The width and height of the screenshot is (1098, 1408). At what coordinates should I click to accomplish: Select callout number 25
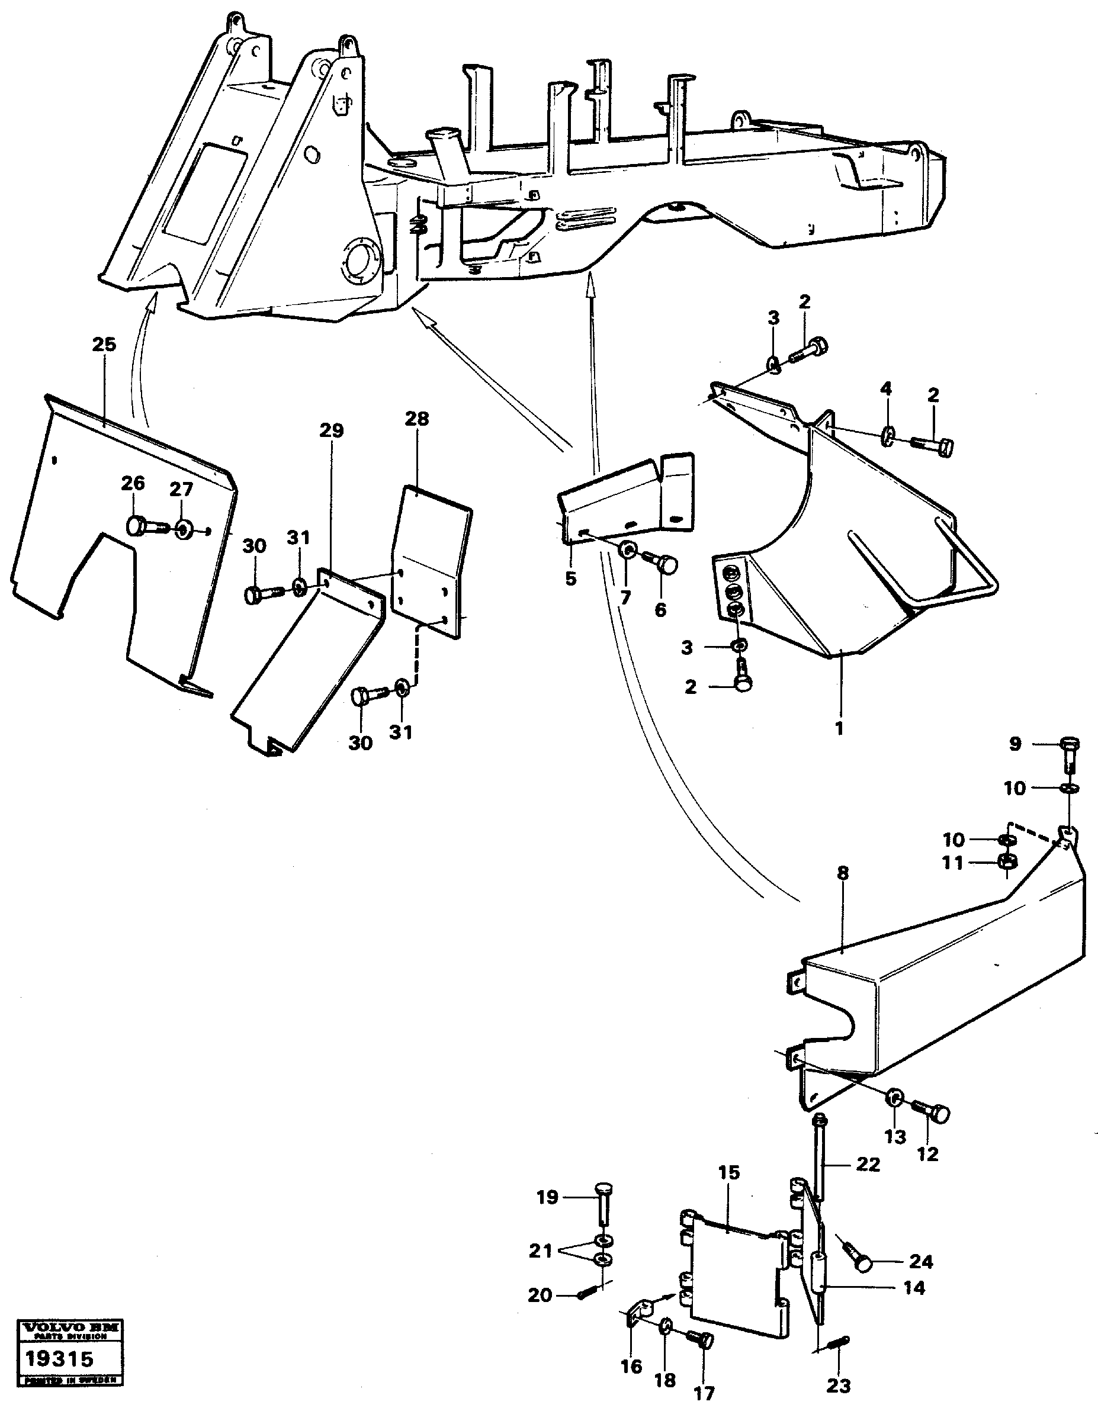click(x=104, y=345)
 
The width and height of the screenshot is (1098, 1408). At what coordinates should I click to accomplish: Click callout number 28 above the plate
click(x=416, y=419)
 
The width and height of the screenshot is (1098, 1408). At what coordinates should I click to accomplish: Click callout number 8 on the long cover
click(x=843, y=873)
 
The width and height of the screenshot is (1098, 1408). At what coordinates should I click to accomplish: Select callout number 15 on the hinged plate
click(x=729, y=1173)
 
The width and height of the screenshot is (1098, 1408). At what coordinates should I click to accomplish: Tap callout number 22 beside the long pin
click(x=868, y=1165)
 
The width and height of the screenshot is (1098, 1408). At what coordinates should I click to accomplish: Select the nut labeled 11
click(x=1006, y=861)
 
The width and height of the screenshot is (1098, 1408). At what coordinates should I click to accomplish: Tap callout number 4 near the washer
click(x=887, y=389)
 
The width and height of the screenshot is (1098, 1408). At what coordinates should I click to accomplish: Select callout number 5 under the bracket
click(x=570, y=578)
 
